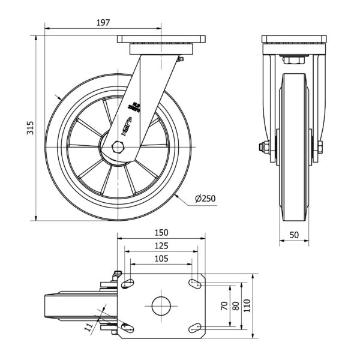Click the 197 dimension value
pos(103,23)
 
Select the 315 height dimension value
pos(29,128)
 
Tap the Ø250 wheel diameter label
pos(205,199)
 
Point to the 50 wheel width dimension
pos(294,235)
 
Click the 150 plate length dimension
pos(161,233)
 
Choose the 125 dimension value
pos(161,245)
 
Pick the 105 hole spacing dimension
pos(161,259)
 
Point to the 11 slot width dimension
pos(89,326)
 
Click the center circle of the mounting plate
pos(161,305)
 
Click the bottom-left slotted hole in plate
pos(128,328)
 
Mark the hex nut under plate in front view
pos(294,61)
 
